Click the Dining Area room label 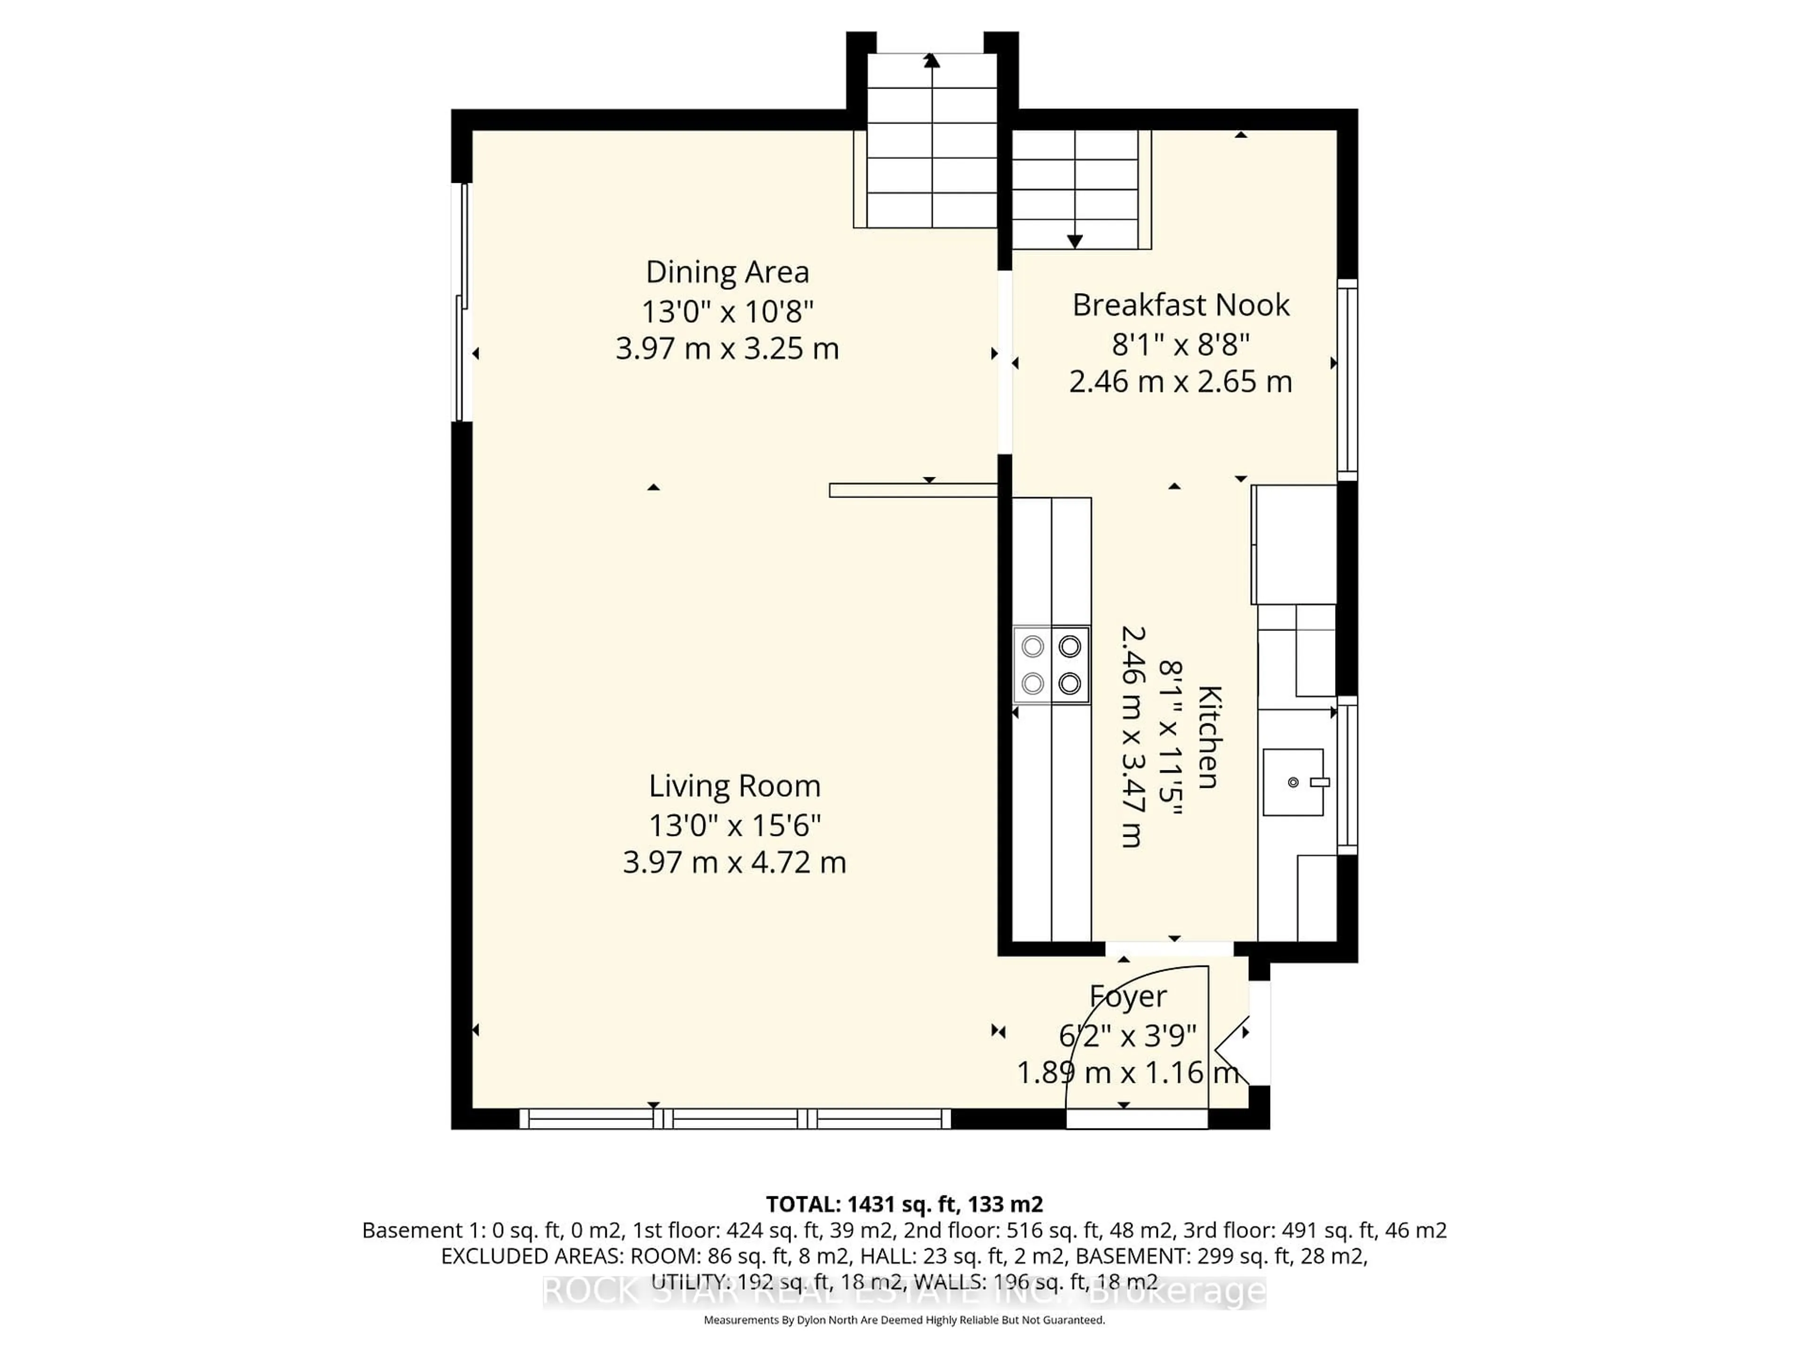pyautogui.click(x=727, y=271)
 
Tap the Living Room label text pyautogui.click(x=734, y=785)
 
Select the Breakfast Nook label pyautogui.click(x=1180, y=305)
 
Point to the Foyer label pyautogui.click(x=1128, y=996)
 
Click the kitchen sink pyautogui.click(x=1293, y=782)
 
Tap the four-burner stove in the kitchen pyautogui.click(x=1051, y=665)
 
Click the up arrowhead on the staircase pyautogui.click(x=931, y=60)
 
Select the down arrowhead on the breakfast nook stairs pyautogui.click(x=1075, y=241)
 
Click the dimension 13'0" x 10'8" pyautogui.click(x=727, y=311)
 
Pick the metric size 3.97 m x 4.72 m pyautogui.click(x=734, y=862)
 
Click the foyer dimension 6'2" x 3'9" pyautogui.click(x=1128, y=1036)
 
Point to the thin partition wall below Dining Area pyautogui.click(x=913, y=490)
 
